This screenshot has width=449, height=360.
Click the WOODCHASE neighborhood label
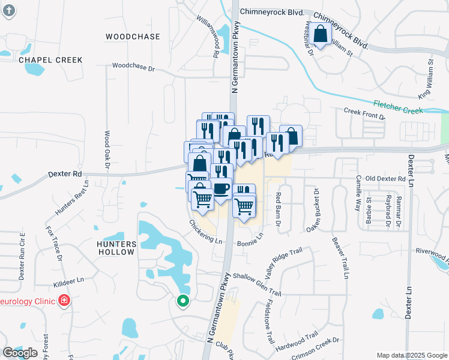133,37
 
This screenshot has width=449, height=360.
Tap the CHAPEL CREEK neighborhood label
50,60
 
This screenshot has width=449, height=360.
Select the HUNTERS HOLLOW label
116,248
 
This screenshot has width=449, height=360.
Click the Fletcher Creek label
398,106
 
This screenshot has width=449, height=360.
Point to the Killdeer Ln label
68,280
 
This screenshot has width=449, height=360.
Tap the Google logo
20,353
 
